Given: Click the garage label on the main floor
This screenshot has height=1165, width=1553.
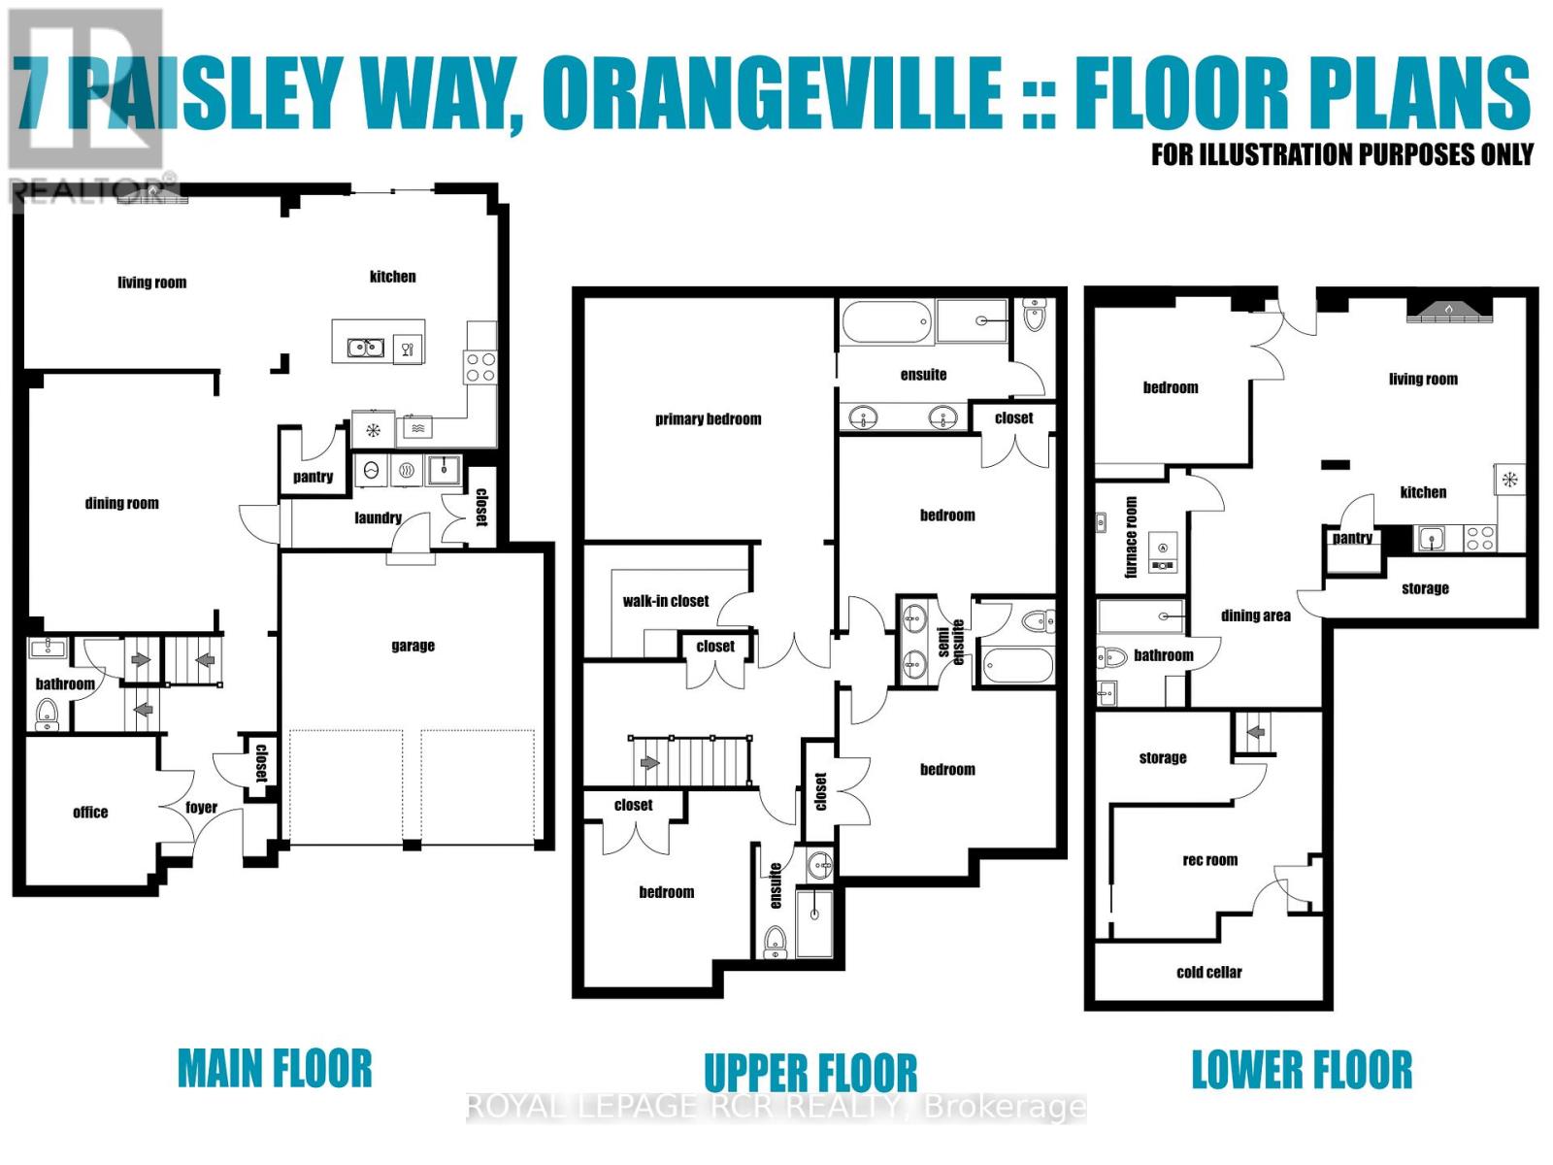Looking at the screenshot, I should (413, 646).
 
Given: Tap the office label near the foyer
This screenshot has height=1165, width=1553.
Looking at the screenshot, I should (90, 813).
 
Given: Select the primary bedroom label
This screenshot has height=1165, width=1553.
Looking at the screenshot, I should (708, 419).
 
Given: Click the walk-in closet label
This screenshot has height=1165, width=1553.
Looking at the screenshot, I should (666, 601).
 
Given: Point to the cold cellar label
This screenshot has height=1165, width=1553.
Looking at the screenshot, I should (1208, 972).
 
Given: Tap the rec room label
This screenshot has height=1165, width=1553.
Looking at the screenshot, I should (1209, 860).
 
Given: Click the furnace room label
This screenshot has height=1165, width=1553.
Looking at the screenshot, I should (1131, 537).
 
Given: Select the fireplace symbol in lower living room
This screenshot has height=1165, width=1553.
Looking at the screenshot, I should (1448, 310).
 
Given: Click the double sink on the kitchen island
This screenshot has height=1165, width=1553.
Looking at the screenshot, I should (366, 347).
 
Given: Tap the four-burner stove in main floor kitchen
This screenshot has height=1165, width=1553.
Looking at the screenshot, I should (480, 367).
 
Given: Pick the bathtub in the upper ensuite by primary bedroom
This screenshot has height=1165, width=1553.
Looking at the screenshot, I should (886, 322).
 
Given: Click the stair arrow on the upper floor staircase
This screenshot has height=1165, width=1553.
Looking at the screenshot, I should (648, 763).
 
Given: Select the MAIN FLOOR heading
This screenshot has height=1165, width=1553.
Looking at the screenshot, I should (275, 1069).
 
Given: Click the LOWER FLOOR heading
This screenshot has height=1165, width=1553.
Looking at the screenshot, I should (1302, 1070).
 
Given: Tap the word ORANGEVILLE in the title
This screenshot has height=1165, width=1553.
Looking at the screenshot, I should (772, 93).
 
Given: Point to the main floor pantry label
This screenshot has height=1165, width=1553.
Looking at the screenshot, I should (313, 477).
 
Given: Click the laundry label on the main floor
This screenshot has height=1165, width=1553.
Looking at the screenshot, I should (378, 517).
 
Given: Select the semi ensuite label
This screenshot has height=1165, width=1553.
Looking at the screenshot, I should (950, 639).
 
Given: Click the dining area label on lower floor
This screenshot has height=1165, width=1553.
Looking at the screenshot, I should (1255, 616).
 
